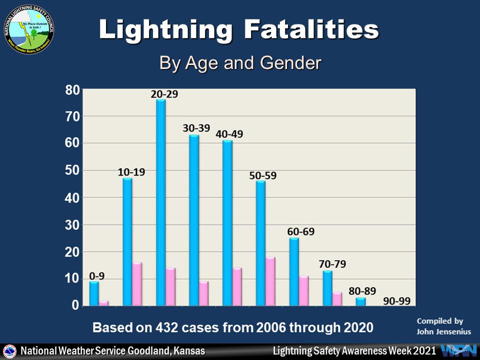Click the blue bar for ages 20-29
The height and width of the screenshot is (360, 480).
160,202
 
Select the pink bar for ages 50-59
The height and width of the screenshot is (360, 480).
270,281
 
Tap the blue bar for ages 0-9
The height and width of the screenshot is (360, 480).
93,293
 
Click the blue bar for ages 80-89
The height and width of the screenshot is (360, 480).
360,301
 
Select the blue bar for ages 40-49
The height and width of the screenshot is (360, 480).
227,223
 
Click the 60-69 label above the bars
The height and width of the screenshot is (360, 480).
301,232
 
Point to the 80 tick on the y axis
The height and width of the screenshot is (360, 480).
72,90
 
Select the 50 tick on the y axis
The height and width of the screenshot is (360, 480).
72,171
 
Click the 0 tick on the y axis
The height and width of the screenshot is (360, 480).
74,305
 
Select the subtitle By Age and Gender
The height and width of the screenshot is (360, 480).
239,63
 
